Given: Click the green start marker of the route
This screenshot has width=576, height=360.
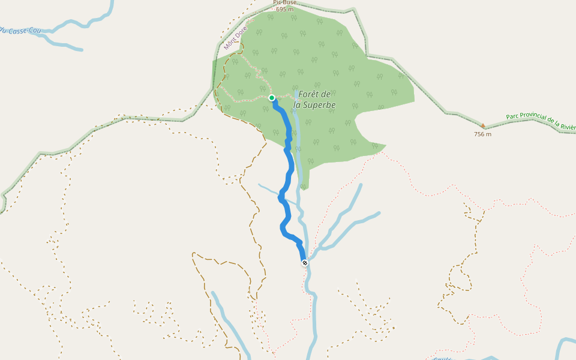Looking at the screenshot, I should point(272,98).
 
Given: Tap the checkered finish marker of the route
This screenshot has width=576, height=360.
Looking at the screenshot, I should point(305,263).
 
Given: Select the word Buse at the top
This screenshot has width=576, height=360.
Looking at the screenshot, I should point(290,2).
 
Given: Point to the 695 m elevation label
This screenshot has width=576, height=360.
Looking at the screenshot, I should point(285,9).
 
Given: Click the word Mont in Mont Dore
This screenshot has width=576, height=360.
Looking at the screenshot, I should point(229,44).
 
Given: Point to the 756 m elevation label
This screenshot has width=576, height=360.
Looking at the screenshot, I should point(482,134).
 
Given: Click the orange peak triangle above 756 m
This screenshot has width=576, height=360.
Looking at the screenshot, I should point(483,126).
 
